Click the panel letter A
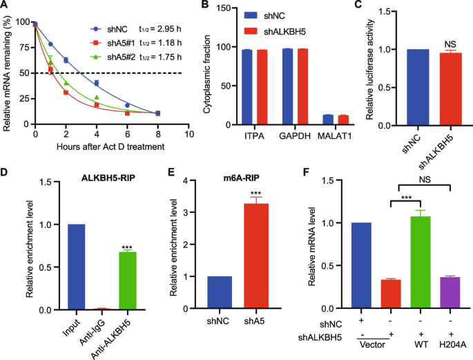tap(6, 6)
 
